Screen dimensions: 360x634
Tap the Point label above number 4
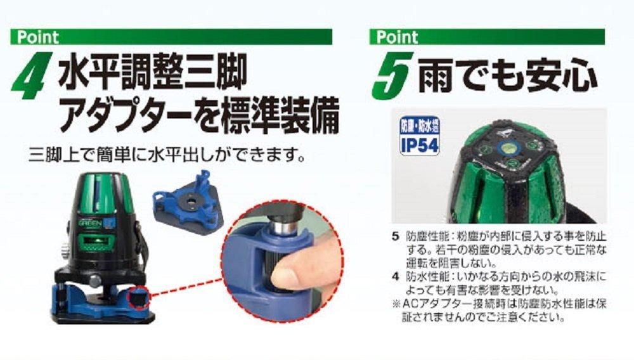click(x=38, y=37)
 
